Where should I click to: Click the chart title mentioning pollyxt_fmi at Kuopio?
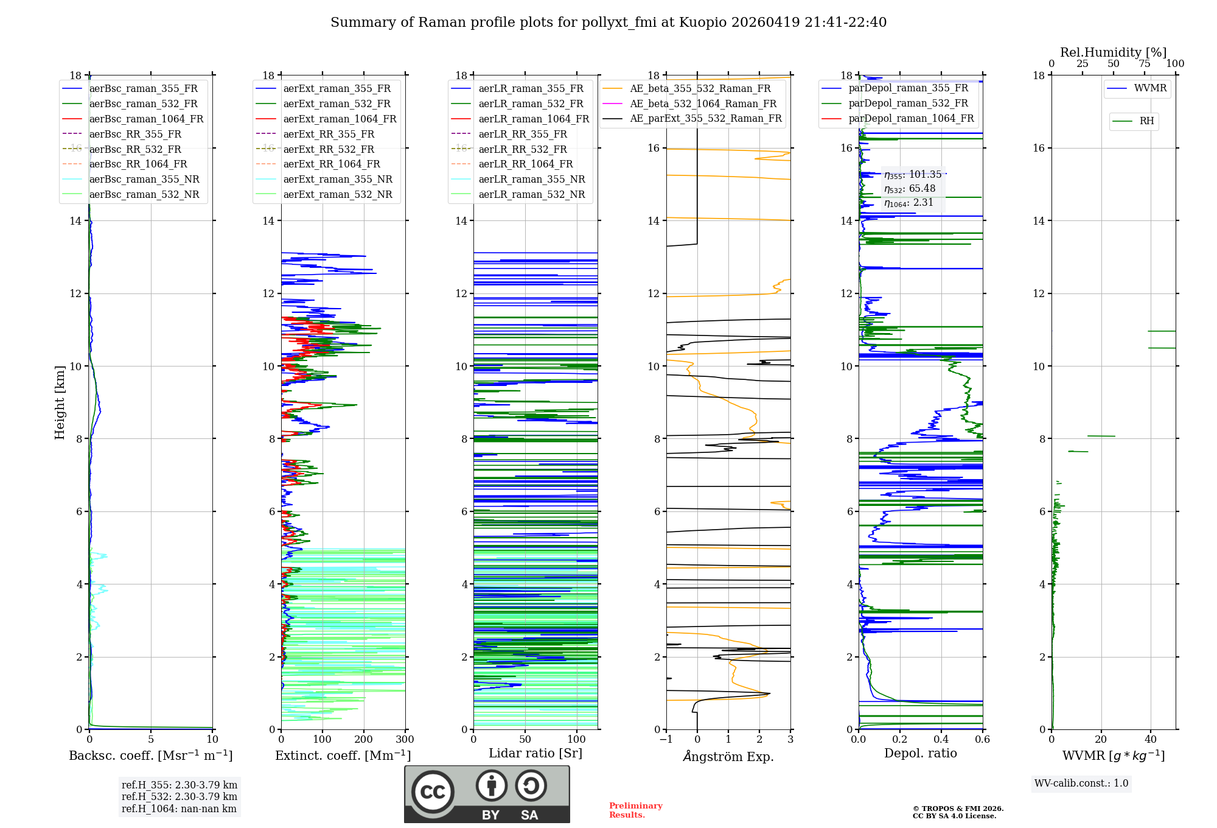coord(608,23)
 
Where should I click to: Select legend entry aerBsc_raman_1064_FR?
coord(146,119)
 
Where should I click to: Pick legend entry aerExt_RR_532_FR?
coord(329,149)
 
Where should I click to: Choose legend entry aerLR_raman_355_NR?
coord(531,179)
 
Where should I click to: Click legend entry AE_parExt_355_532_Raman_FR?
coord(705,118)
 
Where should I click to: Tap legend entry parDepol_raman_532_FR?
coord(908,103)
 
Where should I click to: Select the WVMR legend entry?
coord(1149,88)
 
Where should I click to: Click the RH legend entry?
coord(1146,121)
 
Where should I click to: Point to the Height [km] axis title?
coord(60,402)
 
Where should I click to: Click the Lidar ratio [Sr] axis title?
coord(535,753)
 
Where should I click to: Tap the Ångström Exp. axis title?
coord(728,756)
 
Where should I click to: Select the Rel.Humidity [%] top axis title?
coord(1113,52)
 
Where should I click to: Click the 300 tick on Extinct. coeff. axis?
coord(405,740)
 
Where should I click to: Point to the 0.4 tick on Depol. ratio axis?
coord(941,740)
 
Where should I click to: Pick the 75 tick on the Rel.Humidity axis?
coord(1145,63)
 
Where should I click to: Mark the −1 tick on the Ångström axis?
coord(666,740)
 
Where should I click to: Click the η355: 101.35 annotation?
coord(913,175)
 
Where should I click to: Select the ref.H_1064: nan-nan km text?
coord(179,809)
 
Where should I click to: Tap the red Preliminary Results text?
coord(635,810)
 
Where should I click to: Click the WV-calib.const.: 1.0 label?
coord(1081,784)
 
